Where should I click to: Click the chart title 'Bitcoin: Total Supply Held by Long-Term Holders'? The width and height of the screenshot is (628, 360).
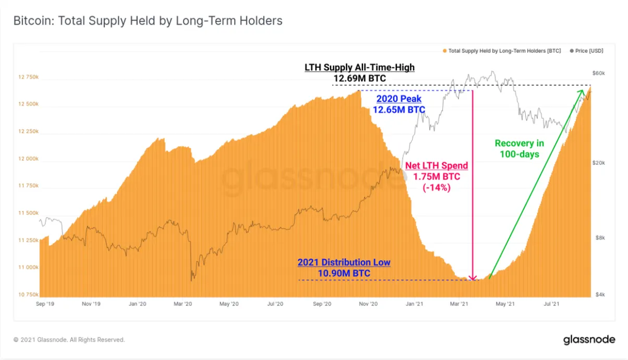tap(148, 21)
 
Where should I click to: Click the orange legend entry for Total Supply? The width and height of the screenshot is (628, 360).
tap(504, 51)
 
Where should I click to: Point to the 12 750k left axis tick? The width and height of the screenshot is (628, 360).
tap(29, 77)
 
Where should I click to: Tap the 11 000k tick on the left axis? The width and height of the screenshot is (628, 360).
tap(29, 268)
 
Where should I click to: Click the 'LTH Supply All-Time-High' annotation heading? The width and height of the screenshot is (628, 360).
tap(359, 68)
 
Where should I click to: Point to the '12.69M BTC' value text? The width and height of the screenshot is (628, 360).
tap(359, 79)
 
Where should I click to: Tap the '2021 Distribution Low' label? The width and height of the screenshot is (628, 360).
tap(344, 262)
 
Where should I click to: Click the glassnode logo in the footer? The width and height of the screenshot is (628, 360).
tap(589, 340)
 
